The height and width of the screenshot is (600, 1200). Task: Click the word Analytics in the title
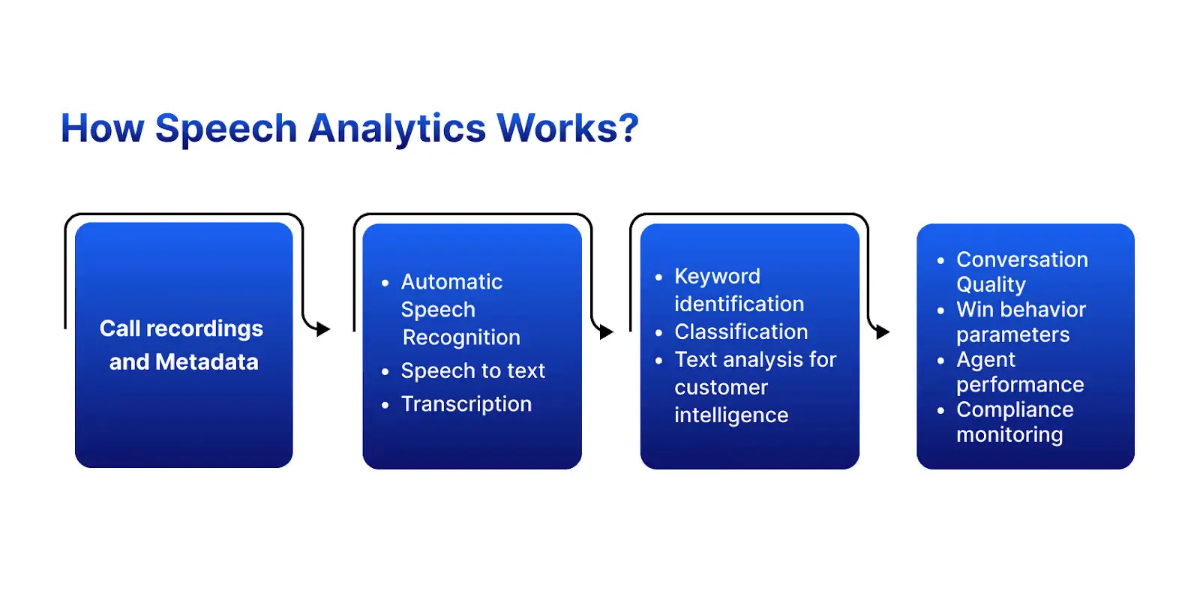pos(397,129)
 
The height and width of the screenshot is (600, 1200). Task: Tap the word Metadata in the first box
pos(206,362)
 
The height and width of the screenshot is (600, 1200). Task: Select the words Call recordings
pos(181,328)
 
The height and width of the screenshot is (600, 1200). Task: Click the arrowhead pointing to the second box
pos(323,329)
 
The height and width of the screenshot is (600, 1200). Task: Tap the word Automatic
pos(451,282)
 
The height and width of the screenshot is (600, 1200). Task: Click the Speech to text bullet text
pos(472,370)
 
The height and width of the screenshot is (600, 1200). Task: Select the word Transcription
pos(466,404)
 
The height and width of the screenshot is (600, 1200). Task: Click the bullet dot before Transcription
pos(385,405)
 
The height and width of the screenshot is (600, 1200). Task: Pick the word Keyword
pos(717,277)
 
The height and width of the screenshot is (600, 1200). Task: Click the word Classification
pos(741,331)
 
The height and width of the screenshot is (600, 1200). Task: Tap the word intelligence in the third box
pos(731,415)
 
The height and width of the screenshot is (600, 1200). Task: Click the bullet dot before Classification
pos(659,332)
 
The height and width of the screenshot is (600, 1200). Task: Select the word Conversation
pos(1021,259)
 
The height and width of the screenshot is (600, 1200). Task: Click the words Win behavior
pos(1021,310)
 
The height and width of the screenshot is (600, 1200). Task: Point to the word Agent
pos(985,360)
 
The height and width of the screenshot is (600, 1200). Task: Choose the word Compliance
pos(1015,409)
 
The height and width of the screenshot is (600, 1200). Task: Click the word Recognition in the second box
pos(461,337)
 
